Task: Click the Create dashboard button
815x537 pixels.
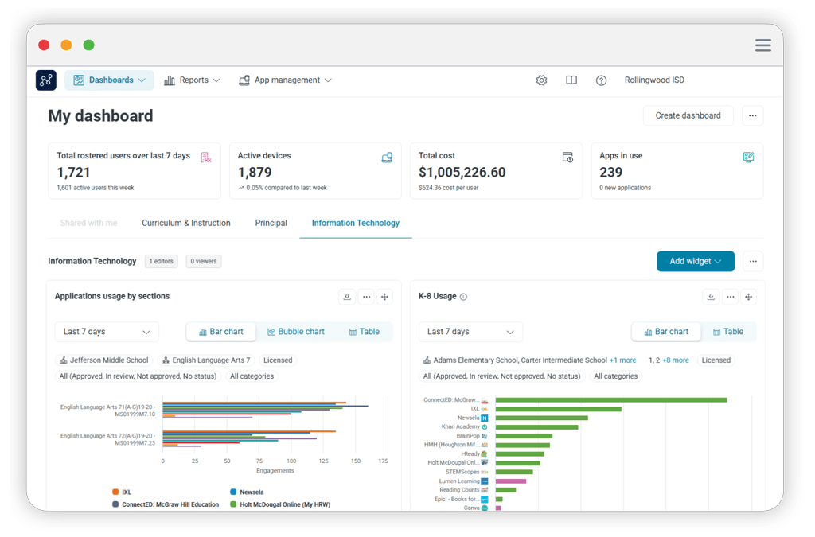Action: point(688,115)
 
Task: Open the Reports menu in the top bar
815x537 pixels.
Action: point(192,80)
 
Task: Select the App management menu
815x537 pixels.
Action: point(285,80)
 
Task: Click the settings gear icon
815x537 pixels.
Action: point(542,80)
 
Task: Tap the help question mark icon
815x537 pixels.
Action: point(601,80)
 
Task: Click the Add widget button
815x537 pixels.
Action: point(695,261)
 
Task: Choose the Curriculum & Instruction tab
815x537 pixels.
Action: point(186,223)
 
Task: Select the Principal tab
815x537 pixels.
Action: point(271,223)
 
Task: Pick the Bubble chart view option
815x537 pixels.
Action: point(296,332)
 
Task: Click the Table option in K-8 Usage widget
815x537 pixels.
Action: point(727,332)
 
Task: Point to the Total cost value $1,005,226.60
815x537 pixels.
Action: point(462,172)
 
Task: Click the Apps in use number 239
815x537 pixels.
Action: point(611,172)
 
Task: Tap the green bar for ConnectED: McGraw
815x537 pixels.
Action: point(610,399)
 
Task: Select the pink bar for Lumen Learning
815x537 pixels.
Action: point(510,481)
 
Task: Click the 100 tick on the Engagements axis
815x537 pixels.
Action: point(291,461)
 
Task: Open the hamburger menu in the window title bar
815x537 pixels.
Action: point(762,45)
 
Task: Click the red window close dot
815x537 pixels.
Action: point(44,45)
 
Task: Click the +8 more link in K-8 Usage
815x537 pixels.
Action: point(675,360)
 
